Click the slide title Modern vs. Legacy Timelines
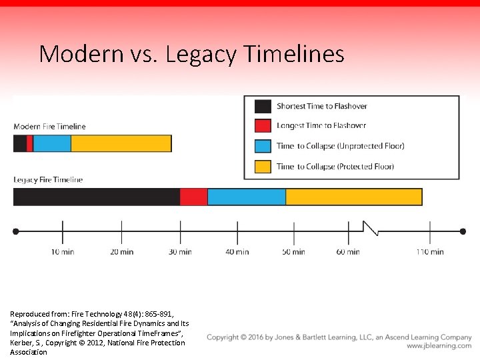coord(191,53)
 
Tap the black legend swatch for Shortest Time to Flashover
coord(263,106)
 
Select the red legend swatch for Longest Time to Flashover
coord(263,125)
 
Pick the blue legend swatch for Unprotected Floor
coord(263,146)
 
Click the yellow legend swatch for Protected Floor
coord(263,166)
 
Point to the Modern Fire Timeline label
coord(49,126)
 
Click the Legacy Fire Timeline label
coord(48,179)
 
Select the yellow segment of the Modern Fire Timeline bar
coord(121,143)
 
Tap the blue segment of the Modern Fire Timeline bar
coord(51,143)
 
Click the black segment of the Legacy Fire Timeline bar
coord(96,197)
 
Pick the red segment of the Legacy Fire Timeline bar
coord(193,197)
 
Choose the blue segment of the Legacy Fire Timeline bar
coord(246,197)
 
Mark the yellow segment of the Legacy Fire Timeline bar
coord(353,197)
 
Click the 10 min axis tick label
coord(63,252)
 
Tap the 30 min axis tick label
coord(180,252)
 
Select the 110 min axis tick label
coord(430,252)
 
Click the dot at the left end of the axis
coord(16,231)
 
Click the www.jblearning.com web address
coord(439,346)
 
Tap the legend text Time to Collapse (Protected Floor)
coord(335,166)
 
